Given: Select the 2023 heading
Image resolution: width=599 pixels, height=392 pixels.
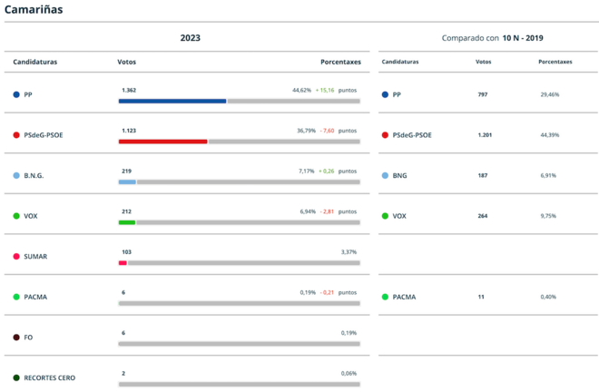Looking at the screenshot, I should [190, 38].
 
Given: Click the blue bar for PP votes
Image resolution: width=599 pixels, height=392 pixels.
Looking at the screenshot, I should [172, 101].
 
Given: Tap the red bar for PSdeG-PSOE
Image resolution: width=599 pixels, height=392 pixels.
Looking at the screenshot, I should [162, 142].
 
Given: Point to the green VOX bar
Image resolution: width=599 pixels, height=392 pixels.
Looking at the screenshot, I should [127, 222].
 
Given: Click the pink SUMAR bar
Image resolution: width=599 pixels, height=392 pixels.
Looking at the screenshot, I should [123, 263].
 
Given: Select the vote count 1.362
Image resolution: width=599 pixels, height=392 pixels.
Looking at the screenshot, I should [129, 90].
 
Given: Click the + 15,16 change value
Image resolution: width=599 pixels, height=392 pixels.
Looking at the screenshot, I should [325, 90].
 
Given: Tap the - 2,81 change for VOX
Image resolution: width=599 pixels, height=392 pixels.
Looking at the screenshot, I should [327, 211].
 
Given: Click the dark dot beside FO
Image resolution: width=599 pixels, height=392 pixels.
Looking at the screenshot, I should [16, 337].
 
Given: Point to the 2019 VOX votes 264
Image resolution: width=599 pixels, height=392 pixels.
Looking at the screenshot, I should [484, 216].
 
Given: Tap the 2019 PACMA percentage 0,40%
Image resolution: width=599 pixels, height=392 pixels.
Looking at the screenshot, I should [548, 297].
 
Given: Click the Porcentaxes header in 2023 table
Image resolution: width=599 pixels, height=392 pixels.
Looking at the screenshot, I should [340, 62].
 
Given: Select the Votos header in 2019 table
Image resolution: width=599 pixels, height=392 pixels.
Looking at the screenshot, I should [484, 62].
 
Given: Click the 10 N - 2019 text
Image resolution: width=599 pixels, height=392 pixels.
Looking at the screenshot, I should [523, 38].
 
